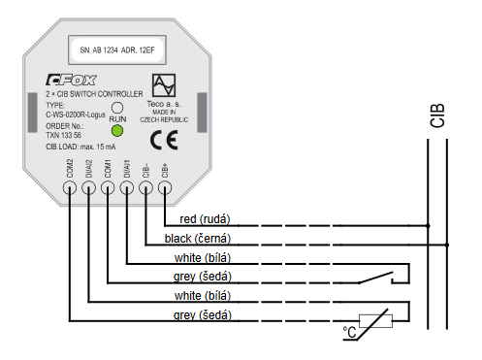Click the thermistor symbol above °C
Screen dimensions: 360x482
373,318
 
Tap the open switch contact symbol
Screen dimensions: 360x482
373,278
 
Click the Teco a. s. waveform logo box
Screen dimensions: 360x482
164,84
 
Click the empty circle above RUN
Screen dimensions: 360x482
117,108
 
